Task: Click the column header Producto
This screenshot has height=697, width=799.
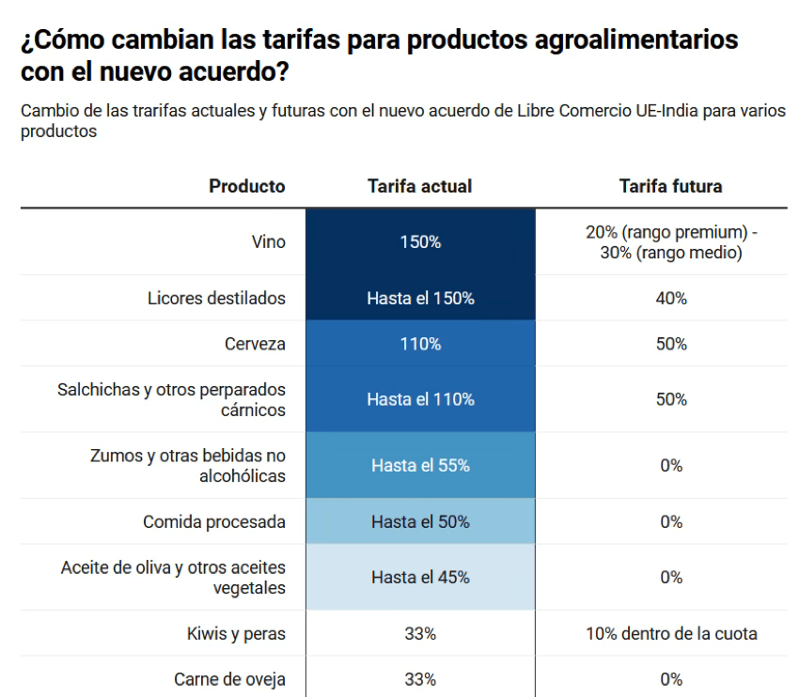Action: [x=246, y=186]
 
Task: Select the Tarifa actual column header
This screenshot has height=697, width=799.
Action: [x=419, y=186]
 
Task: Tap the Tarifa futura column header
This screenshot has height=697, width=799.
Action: [x=670, y=186]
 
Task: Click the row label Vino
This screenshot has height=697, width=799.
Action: [x=268, y=241]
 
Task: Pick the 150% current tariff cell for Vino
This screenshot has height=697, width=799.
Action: [x=419, y=241]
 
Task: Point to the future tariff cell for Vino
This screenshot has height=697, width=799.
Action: [x=670, y=242]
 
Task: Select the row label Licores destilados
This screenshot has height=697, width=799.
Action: [x=216, y=298]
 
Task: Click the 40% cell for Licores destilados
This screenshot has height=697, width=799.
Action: [x=670, y=298]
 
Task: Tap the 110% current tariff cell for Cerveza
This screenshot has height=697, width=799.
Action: [x=419, y=344]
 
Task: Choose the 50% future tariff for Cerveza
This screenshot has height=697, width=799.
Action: [x=670, y=344]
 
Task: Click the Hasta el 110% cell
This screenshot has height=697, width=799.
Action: [x=419, y=399]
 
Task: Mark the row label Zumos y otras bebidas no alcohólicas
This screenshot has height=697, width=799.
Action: [x=187, y=466]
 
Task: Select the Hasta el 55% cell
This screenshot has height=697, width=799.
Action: [x=419, y=465]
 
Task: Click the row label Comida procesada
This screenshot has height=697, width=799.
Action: [x=213, y=521]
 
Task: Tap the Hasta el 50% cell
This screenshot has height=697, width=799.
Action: [x=419, y=521]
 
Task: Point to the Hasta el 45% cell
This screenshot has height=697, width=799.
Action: [x=419, y=577]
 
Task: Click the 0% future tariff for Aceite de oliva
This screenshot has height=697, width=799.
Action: [x=670, y=577]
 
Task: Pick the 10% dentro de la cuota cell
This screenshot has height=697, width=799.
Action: [x=670, y=633]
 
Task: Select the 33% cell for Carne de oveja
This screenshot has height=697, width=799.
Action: [x=419, y=679]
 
